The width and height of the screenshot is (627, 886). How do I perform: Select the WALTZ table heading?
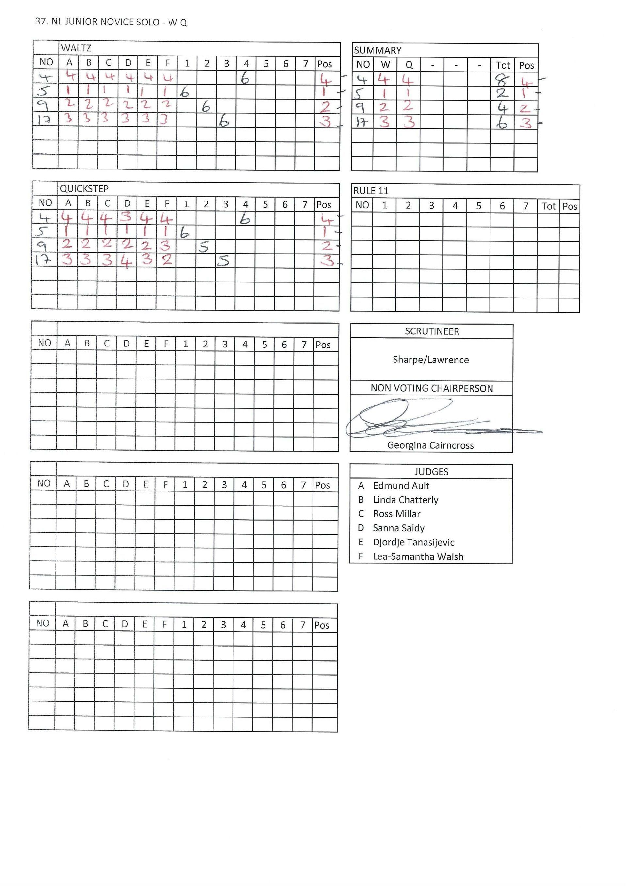pos(76,48)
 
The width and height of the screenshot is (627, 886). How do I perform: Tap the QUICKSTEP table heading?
pos(84,189)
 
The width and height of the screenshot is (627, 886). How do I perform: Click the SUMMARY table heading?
pos(378,51)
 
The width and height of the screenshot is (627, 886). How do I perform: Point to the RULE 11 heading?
pos(371,191)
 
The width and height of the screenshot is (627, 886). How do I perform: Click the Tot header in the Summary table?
pos(503,65)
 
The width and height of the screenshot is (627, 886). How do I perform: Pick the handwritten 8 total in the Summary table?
pos(502,80)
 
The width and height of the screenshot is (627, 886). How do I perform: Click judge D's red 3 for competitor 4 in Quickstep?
pos(127,218)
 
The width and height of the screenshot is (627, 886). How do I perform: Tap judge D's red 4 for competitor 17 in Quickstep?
pos(126,261)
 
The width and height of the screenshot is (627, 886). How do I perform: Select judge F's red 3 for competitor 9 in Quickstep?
pos(166,246)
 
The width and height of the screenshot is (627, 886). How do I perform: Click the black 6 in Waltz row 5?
pos(185,92)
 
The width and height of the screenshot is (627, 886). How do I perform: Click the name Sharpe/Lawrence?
pos(430,360)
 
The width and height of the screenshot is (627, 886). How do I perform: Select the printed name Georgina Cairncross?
pos(430,445)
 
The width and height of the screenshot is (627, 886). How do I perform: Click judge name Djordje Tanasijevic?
pos(413,542)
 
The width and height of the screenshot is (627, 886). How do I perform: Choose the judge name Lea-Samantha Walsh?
pos(418,557)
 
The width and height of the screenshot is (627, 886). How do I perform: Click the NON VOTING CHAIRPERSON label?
pos(432,388)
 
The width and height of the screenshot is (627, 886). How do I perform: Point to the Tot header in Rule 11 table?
pos(548,206)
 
